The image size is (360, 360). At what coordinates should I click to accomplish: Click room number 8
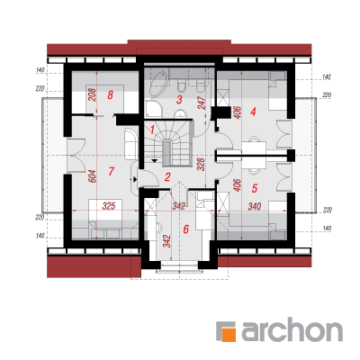(110, 95)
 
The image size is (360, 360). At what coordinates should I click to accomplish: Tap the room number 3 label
(179, 99)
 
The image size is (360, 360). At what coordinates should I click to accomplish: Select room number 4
(253, 112)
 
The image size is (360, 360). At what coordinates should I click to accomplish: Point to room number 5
(255, 188)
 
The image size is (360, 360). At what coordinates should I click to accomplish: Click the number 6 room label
(186, 229)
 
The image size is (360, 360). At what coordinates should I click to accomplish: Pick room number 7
(112, 171)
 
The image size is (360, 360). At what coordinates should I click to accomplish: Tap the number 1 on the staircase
(152, 130)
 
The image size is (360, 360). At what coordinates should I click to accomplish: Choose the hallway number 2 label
(167, 177)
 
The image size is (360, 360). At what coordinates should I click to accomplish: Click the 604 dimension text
(93, 176)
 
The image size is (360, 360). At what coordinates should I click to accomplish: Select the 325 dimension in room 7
(109, 206)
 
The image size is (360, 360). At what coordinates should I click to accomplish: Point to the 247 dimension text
(202, 103)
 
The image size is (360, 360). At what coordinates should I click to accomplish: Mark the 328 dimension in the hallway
(201, 165)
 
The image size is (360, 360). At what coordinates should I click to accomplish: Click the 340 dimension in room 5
(255, 206)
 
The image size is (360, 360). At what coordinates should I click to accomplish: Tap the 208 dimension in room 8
(93, 94)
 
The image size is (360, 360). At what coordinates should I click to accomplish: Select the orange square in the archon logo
(229, 334)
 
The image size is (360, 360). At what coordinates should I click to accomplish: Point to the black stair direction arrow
(154, 161)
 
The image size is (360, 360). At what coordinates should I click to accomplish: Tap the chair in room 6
(158, 227)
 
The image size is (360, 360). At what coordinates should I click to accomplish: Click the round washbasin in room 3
(181, 114)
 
